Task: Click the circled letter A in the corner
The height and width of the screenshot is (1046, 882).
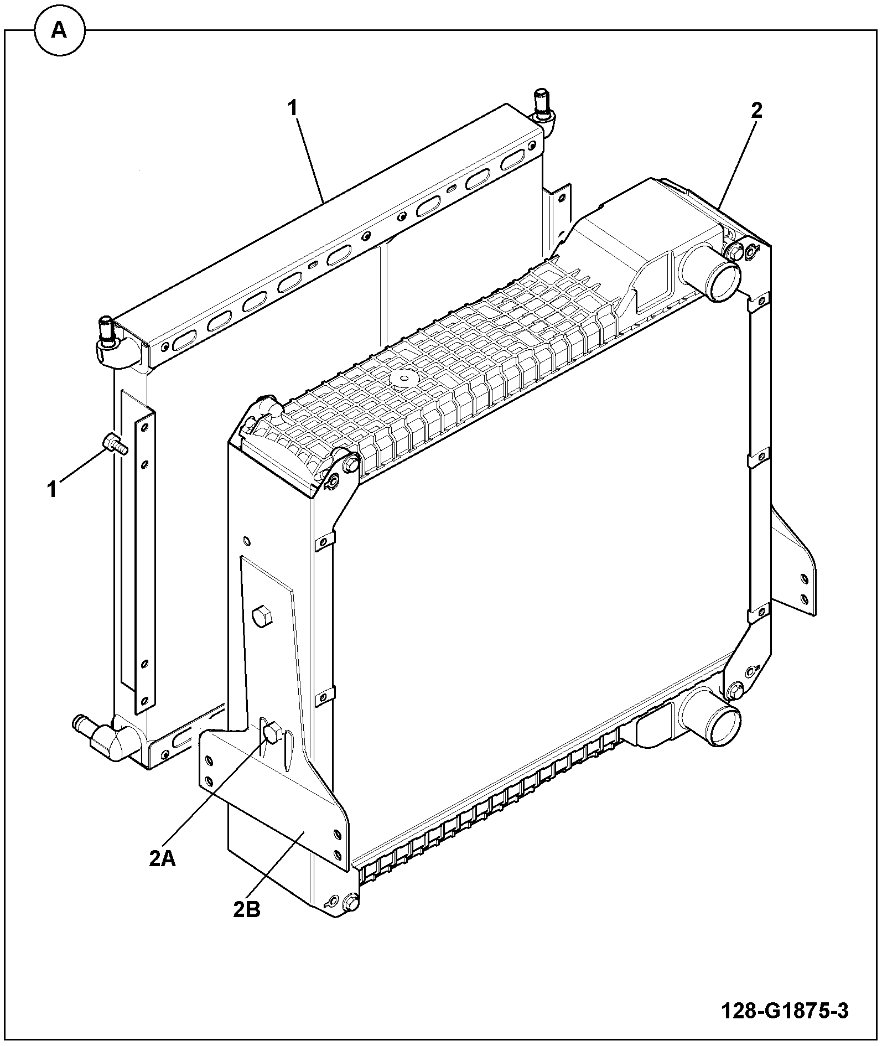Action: (60, 32)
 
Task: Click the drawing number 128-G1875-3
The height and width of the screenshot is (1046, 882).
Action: (785, 1011)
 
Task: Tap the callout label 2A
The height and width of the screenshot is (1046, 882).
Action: (162, 858)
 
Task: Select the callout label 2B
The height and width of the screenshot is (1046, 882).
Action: (246, 909)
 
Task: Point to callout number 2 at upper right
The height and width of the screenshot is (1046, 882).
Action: (756, 111)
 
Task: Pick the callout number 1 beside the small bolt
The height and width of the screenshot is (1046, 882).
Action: (53, 489)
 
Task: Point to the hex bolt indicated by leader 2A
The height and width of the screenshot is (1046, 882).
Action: (272, 734)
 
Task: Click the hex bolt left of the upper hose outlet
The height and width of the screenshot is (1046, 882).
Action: (734, 252)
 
